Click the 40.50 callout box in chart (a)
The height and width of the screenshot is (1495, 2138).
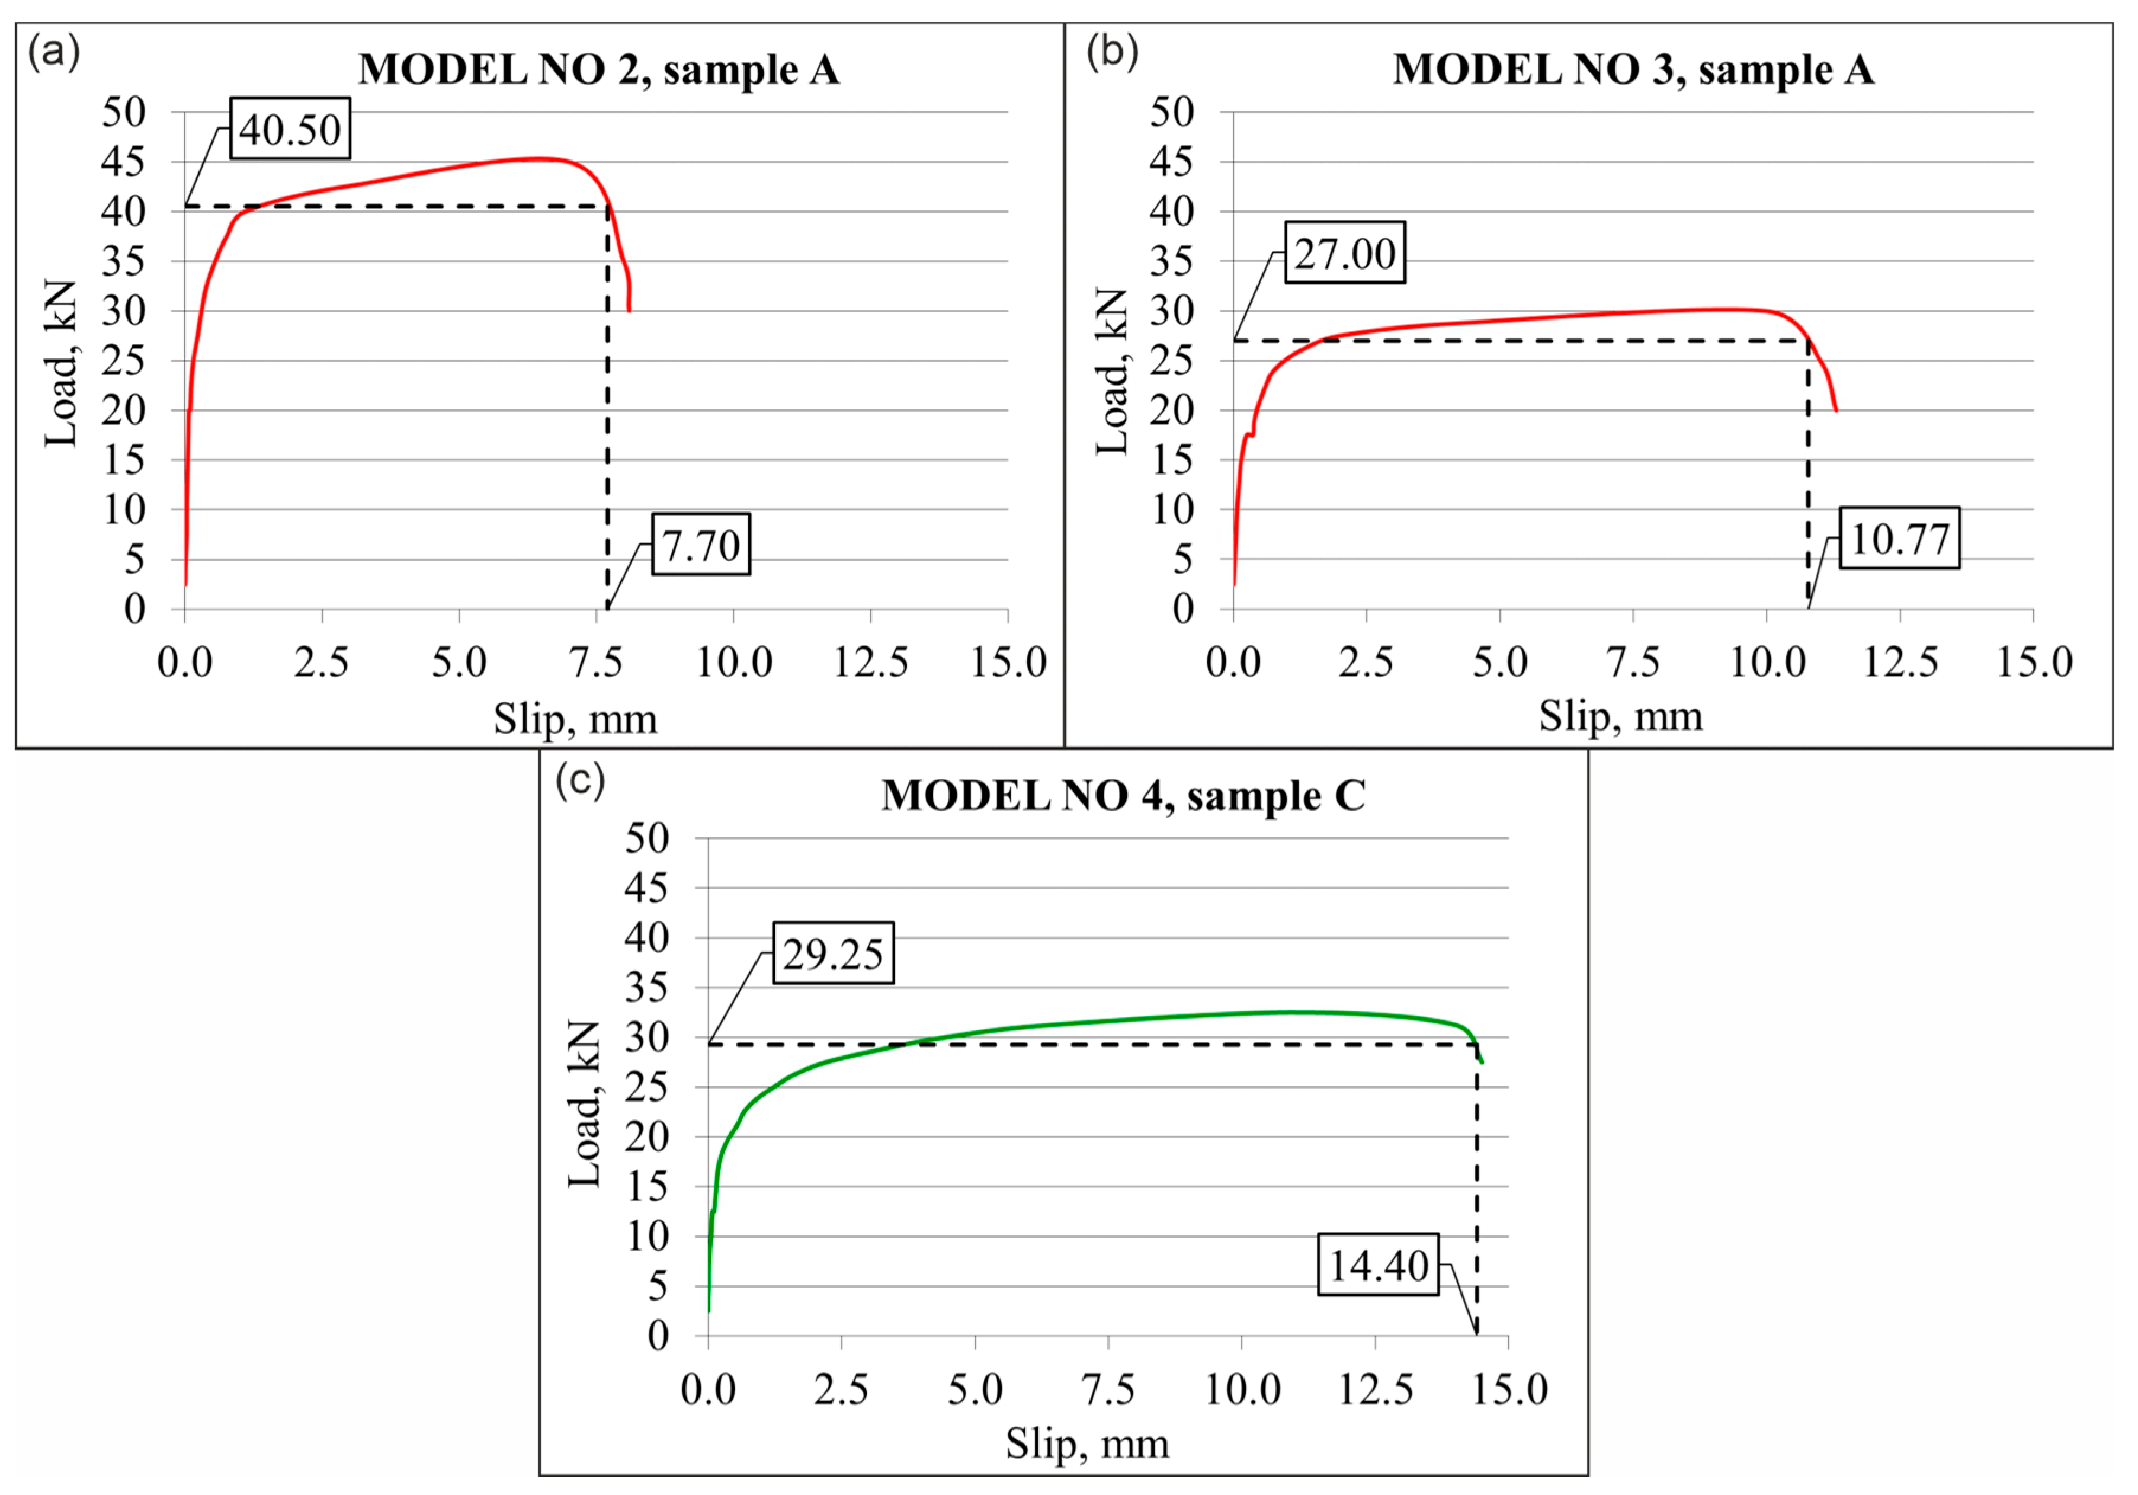click(290, 129)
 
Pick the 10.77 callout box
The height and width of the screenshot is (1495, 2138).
click(1900, 539)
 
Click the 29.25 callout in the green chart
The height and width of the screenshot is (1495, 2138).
click(832, 953)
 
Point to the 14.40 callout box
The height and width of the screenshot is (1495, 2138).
click(1378, 1265)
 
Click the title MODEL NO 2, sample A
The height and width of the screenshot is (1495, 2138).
click(599, 70)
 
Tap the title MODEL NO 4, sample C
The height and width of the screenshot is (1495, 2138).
click(1123, 795)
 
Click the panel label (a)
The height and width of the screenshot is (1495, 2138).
click(54, 51)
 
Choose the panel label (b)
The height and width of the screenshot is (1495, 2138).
click(1112, 51)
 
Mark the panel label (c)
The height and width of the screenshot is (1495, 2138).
click(580, 779)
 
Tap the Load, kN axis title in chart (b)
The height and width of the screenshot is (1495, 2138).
click(1112, 372)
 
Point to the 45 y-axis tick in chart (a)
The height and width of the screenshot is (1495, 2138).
click(124, 162)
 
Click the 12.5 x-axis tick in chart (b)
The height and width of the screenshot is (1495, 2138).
click(1900, 662)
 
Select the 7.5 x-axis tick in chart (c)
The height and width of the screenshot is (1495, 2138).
click(1108, 1389)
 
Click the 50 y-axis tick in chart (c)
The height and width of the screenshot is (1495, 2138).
click(647, 838)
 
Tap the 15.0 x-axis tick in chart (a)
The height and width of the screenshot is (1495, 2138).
click(1008, 662)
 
